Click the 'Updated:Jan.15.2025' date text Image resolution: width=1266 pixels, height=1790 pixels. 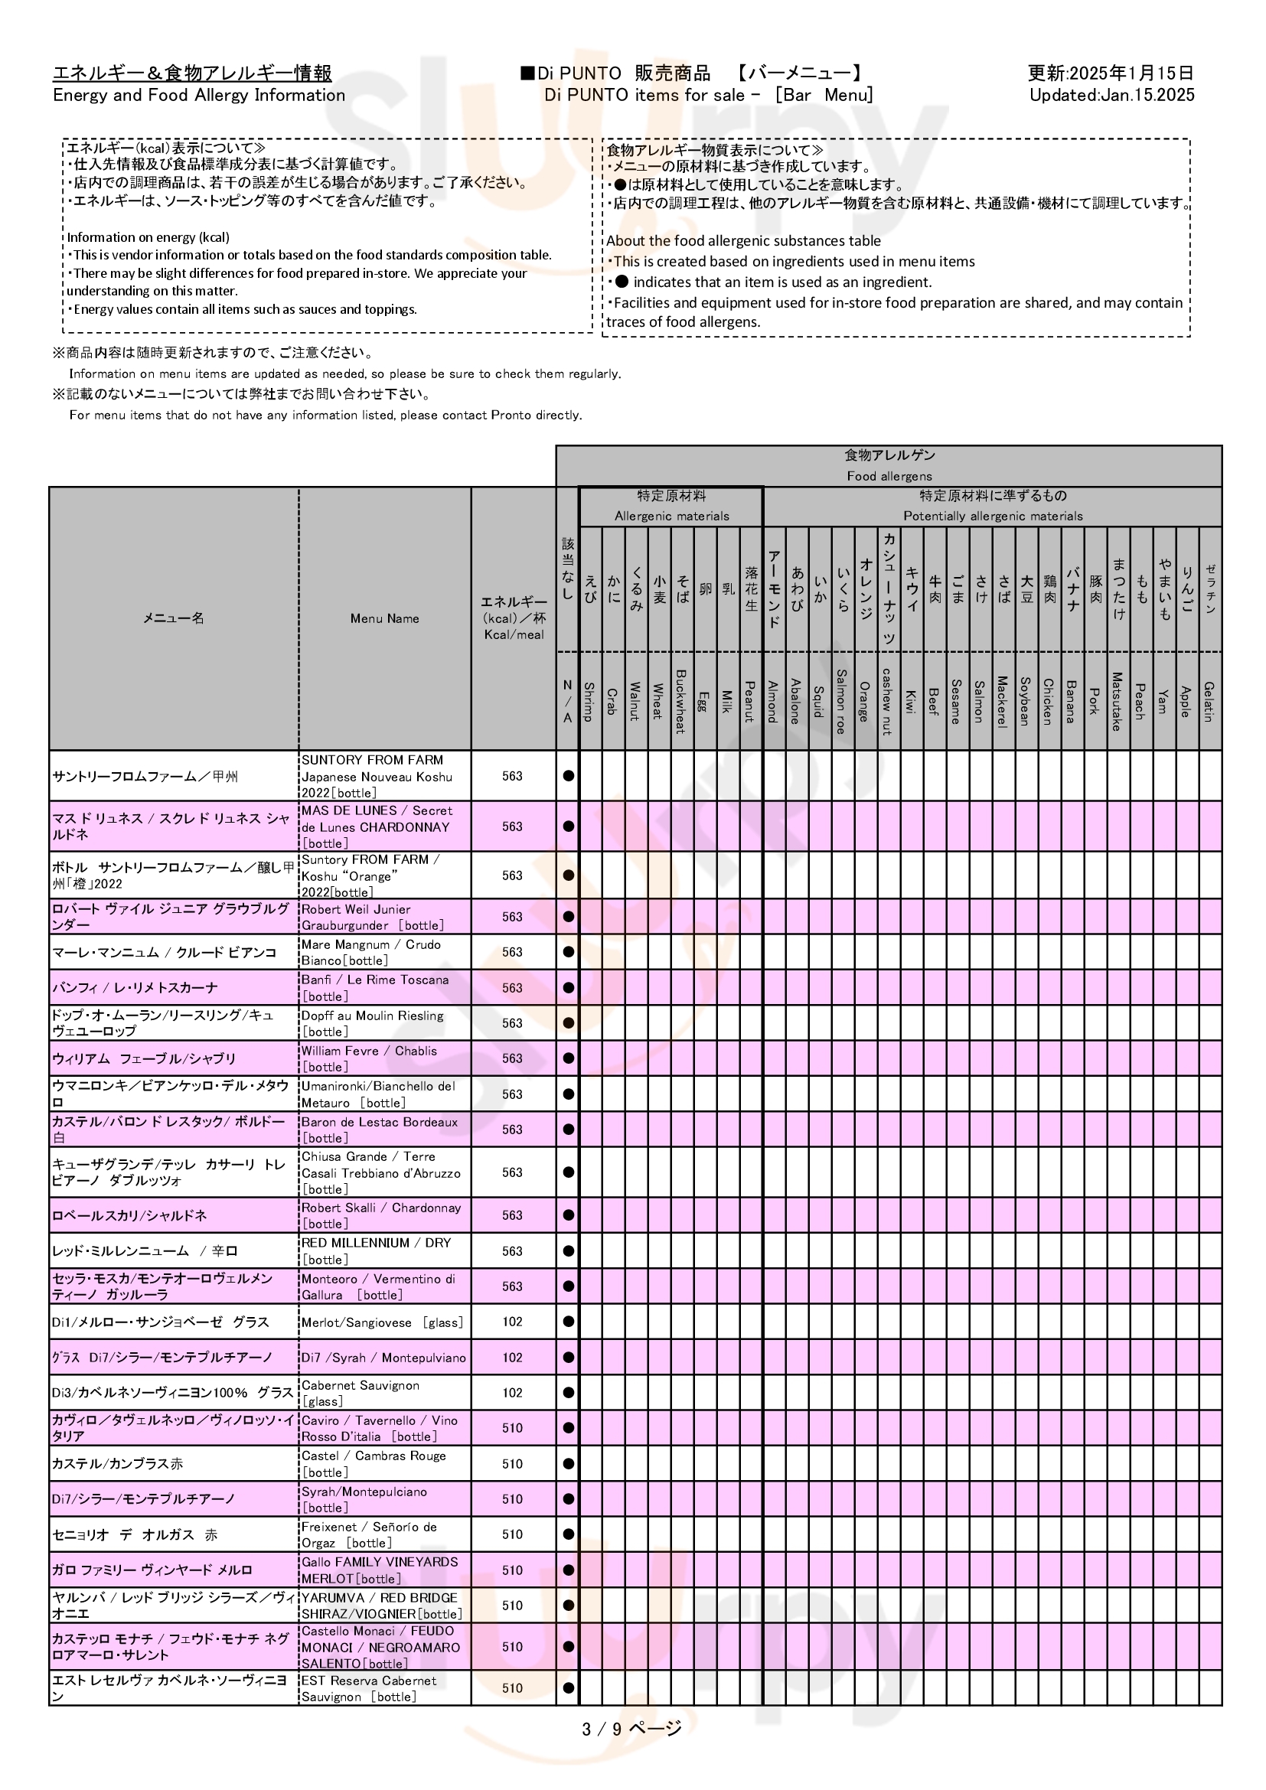pos(1111,95)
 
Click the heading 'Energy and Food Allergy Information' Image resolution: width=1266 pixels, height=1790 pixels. pos(199,95)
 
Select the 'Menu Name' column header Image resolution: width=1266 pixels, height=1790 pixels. pos(384,618)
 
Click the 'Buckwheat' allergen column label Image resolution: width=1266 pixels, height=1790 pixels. pos(680,701)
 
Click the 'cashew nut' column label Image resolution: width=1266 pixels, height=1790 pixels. pos(887,701)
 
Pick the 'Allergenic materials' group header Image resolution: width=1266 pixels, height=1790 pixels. pos(671,516)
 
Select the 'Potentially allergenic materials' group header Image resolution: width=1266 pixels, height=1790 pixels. pos(993,516)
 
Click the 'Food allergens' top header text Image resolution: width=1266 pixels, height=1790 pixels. pos(889,475)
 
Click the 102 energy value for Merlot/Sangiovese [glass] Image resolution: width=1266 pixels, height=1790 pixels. pos(512,1322)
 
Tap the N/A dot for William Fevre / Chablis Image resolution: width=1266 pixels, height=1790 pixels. pos(568,1058)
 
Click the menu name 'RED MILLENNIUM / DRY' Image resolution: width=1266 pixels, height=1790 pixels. pos(376,1243)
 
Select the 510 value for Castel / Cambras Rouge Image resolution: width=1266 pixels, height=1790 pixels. pos(512,1464)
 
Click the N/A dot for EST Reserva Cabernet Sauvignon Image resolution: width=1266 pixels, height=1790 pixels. pos(568,1688)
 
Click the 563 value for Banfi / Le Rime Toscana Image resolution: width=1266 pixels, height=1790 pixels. pos(512,988)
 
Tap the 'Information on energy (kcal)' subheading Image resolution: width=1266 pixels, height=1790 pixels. pos(148,237)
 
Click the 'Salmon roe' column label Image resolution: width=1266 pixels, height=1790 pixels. pos(841,701)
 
